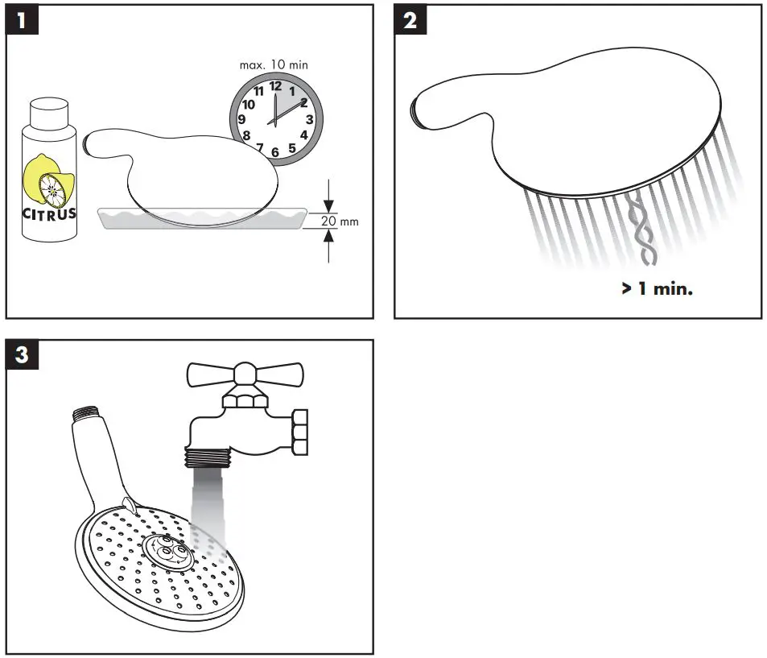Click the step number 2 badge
pos(410,21)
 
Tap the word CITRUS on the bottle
pos(50,213)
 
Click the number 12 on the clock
pos(275,85)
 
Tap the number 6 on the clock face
pos(275,152)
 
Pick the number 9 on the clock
pos(241,119)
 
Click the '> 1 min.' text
pos(657,288)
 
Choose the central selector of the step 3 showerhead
pos(167,552)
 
